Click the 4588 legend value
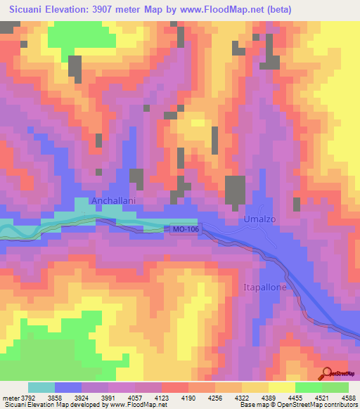click(347, 397)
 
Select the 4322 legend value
click(254, 397)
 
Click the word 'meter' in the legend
click(10, 397)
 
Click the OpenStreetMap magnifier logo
click(328, 372)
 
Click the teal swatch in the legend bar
click(41, 387)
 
